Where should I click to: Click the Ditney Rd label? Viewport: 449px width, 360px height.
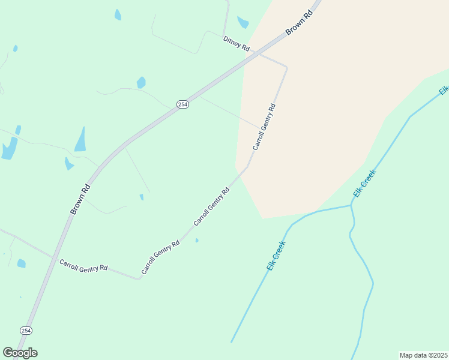tap(236, 43)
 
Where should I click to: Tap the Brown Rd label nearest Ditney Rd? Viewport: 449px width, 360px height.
tap(300, 23)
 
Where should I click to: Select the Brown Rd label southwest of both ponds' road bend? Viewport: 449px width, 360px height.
tap(80, 199)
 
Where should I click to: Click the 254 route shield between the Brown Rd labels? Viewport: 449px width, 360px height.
tap(183, 104)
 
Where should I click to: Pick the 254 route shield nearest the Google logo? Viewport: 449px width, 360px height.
tap(26, 331)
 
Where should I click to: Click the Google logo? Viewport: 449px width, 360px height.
tap(20, 352)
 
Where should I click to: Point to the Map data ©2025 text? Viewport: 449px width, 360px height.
tap(423, 355)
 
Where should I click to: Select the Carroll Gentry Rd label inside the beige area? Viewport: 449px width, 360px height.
tap(264, 127)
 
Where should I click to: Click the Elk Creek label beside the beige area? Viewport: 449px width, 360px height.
tap(364, 184)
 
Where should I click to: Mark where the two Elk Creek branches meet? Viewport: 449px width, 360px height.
tap(351, 206)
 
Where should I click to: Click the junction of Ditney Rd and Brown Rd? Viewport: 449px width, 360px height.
tap(259, 53)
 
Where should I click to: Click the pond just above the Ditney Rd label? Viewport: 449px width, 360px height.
tap(243, 22)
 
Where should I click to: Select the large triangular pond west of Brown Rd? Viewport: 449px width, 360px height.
tap(80, 140)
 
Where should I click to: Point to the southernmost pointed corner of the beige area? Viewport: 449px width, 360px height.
tap(263, 218)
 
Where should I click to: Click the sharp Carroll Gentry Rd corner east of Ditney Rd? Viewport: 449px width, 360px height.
tap(286, 67)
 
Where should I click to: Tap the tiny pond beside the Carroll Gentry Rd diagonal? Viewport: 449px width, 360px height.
tap(197, 241)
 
